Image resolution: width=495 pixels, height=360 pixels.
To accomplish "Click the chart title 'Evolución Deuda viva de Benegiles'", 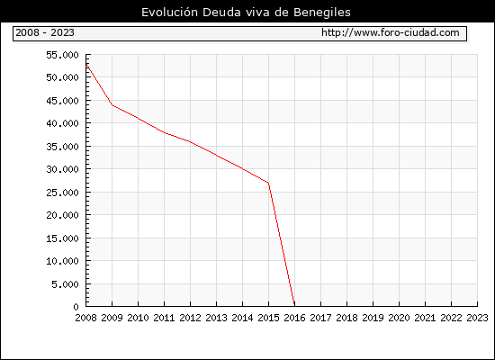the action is click(x=246, y=13).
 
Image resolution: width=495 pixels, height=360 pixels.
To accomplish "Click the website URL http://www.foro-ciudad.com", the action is click(x=391, y=32).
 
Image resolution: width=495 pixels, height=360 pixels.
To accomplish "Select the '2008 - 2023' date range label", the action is click(x=45, y=32).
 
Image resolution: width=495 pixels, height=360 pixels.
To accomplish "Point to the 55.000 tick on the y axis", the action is click(x=62, y=55).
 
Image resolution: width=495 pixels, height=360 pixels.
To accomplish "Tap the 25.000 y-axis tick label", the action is click(x=62, y=193).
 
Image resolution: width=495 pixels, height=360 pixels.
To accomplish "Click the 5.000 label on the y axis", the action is click(x=66, y=284).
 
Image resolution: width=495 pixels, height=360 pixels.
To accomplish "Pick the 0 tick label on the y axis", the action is click(x=76, y=307).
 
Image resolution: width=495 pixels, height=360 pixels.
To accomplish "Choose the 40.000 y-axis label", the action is click(x=62, y=123).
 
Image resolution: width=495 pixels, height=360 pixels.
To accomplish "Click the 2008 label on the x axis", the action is click(x=85, y=318).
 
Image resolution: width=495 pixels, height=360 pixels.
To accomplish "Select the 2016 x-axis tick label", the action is click(x=294, y=318).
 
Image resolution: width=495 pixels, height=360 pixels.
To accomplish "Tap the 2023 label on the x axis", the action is click(x=477, y=318).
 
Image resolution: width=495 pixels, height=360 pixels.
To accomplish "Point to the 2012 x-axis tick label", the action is click(x=190, y=318).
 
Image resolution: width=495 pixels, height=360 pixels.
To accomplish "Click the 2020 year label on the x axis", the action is click(x=399, y=318).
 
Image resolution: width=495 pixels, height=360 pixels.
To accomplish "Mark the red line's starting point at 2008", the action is click(x=86, y=64).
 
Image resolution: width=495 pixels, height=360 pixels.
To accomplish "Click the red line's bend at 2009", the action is click(x=112, y=105).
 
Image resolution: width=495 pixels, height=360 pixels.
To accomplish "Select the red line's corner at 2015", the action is click(x=269, y=183).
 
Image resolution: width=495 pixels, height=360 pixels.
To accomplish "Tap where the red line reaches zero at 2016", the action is click(x=294, y=306).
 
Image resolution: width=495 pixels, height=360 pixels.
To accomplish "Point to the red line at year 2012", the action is click(x=190, y=142).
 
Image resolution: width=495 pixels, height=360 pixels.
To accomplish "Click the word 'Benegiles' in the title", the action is click(x=322, y=13).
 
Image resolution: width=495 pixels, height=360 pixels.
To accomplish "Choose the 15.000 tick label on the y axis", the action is click(x=62, y=238).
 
